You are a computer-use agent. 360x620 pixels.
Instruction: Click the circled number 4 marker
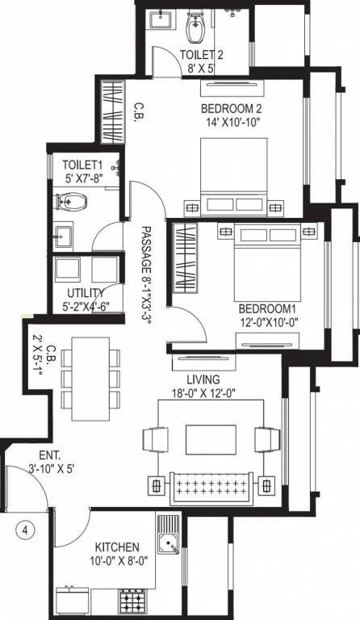(27, 530)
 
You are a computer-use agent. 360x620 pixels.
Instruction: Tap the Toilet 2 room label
(202, 54)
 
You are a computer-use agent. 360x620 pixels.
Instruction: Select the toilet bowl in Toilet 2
(195, 29)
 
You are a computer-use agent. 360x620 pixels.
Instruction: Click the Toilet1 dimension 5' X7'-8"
(83, 178)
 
